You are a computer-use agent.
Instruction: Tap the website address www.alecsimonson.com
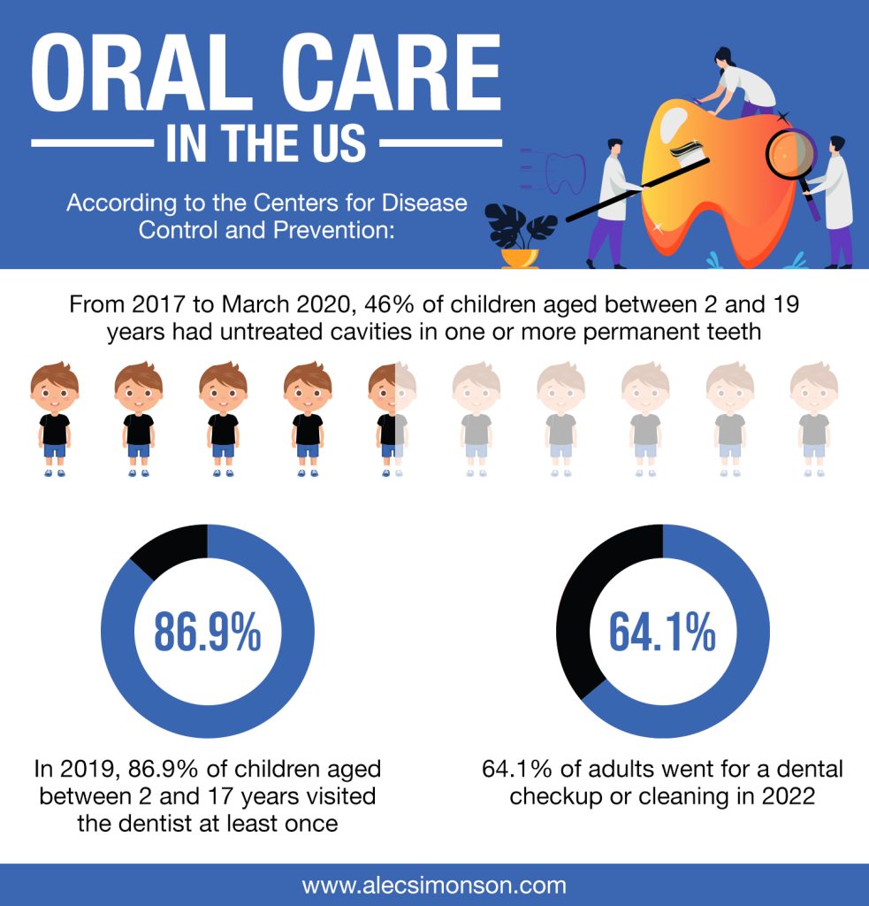(x=434, y=885)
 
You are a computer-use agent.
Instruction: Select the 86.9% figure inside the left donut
(x=208, y=631)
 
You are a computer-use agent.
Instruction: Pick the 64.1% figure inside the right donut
(x=662, y=631)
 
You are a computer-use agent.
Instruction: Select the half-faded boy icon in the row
(x=392, y=419)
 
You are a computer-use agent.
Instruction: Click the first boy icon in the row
(x=55, y=419)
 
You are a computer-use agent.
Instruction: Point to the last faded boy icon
(x=813, y=419)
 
